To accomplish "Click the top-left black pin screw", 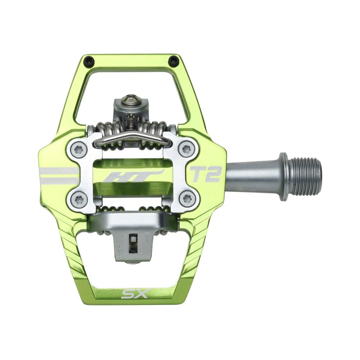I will (x=89, y=62).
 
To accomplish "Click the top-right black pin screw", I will (x=174, y=62).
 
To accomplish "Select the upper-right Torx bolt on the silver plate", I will (x=186, y=149).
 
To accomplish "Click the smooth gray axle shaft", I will (x=252, y=175).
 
